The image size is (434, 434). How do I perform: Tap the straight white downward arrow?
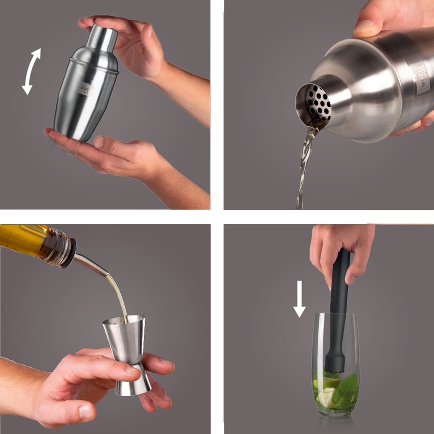click(299, 299)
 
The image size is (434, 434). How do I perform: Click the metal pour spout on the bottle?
click(94, 265)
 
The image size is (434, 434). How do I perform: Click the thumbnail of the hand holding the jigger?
click(86, 412)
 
